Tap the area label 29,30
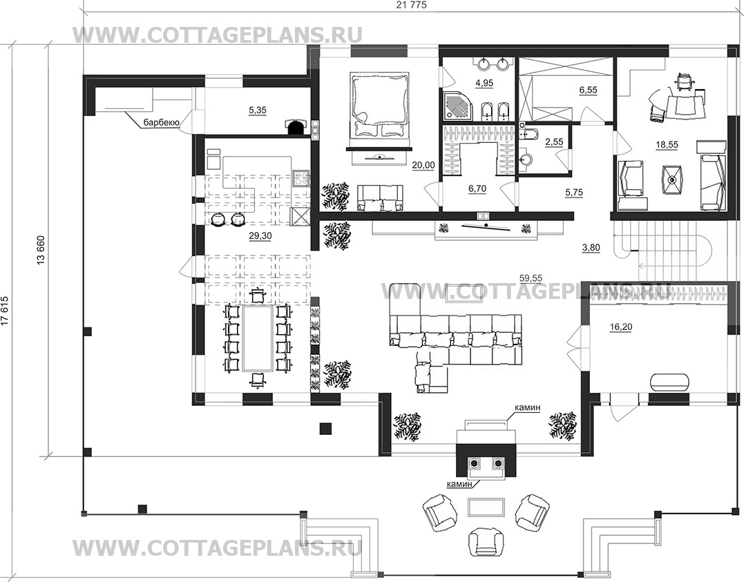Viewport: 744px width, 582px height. [260, 235]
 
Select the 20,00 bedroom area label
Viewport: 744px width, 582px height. [423, 165]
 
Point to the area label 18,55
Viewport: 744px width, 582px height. [667, 145]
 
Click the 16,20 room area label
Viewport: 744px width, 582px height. [620, 327]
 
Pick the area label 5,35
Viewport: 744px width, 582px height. [258, 110]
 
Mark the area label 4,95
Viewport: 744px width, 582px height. [484, 83]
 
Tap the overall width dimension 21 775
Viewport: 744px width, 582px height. [408, 6]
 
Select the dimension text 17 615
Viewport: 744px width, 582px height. [5, 311]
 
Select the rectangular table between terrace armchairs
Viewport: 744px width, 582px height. [486, 507]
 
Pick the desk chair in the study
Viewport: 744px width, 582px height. [684, 81]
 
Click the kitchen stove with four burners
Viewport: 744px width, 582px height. [301, 178]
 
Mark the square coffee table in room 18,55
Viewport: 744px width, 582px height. [671, 180]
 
